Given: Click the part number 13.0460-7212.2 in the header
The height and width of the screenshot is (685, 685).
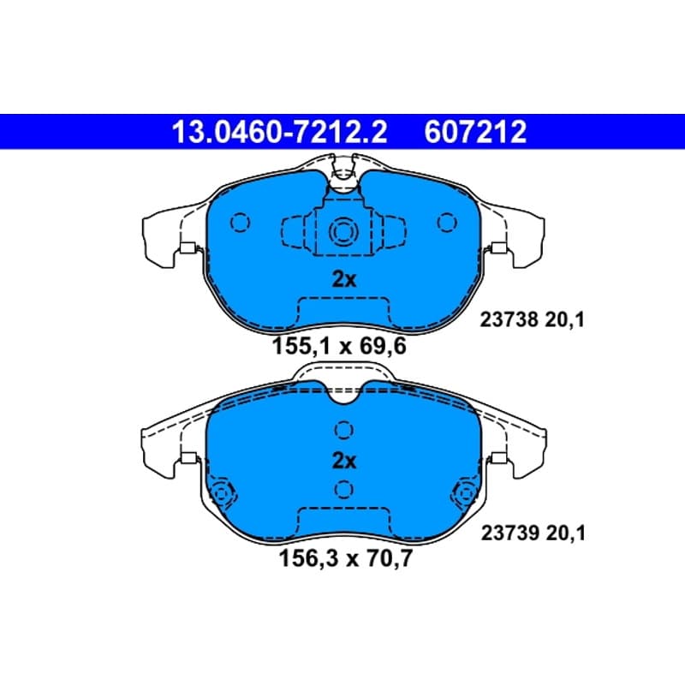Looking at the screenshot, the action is pyautogui.click(x=279, y=132).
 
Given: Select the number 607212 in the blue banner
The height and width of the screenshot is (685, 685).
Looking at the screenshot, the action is pyautogui.click(x=475, y=132).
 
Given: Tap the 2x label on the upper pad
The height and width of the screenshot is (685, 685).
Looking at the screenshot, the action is pyautogui.click(x=344, y=280).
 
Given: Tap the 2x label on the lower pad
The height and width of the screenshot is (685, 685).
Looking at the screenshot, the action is pyautogui.click(x=344, y=461).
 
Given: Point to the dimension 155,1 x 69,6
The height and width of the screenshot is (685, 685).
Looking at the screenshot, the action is pyautogui.click(x=339, y=347).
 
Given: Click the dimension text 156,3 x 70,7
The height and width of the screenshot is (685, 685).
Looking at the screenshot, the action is pyautogui.click(x=345, y=558).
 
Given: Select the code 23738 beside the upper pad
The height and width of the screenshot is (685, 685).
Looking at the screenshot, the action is pyautogui.click(x=509, y=319).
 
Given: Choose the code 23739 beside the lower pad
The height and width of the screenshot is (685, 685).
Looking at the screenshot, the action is pyautogui.click(x=510, y=533).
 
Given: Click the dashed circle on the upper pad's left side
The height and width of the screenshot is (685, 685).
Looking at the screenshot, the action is pyautogui.click(x=240, y=223).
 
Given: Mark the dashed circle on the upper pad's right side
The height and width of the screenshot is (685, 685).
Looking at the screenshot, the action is pyautogui.click(x=446, y=223).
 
